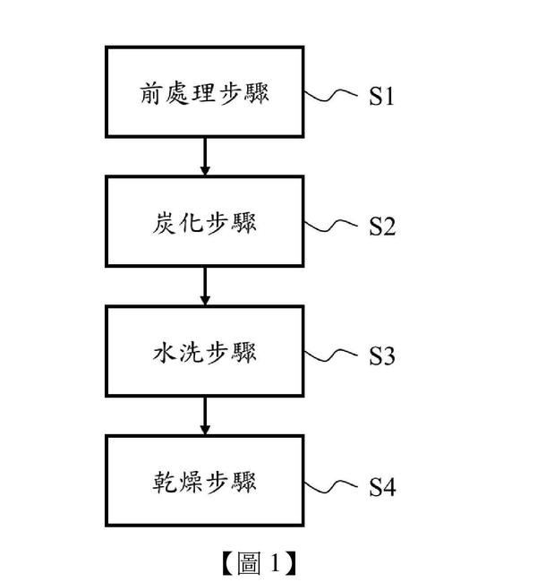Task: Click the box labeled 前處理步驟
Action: point(205,93)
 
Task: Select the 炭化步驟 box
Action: point(205,222)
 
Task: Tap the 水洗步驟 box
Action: point(205,352)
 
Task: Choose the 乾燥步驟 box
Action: point(205,481)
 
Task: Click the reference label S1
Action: point(382,96)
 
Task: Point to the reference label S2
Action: point(382,226)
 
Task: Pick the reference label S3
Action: point(382,355)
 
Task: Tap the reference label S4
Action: point(382,487)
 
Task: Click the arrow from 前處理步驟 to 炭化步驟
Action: point(205,157)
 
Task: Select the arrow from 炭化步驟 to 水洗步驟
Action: point(205,287)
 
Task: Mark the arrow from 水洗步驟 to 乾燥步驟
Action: point(205,415)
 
